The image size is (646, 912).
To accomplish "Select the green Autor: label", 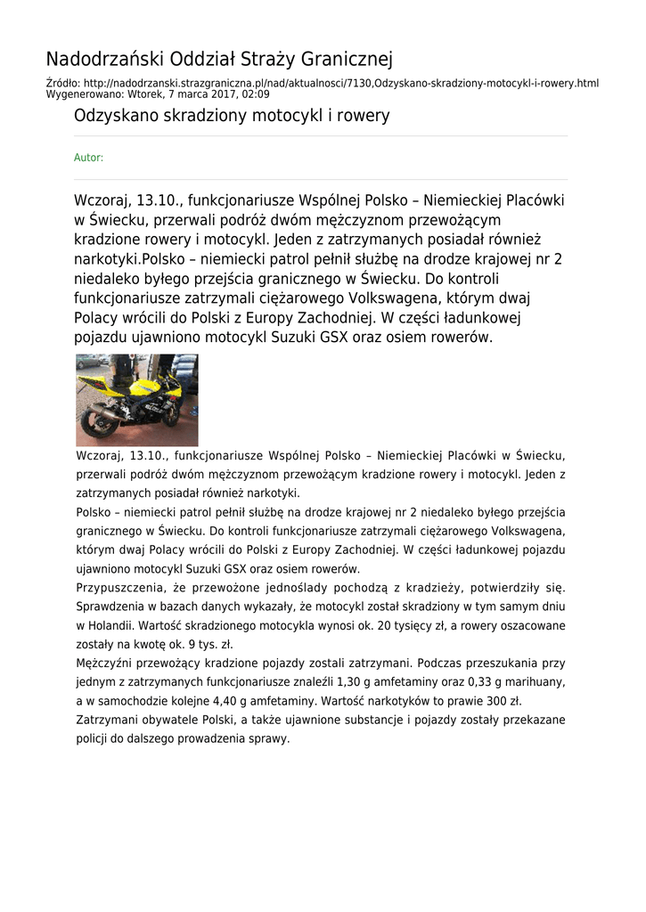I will (88, 158).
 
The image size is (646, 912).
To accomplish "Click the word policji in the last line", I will (93, 738).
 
